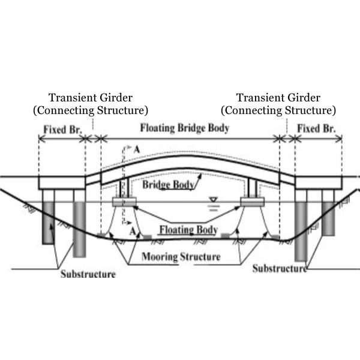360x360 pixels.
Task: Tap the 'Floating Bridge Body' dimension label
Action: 184,128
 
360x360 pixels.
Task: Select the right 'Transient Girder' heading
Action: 278,98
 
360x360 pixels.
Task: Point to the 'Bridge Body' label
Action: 168,185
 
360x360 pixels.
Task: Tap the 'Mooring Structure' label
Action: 181,257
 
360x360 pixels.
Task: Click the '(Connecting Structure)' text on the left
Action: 91,110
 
